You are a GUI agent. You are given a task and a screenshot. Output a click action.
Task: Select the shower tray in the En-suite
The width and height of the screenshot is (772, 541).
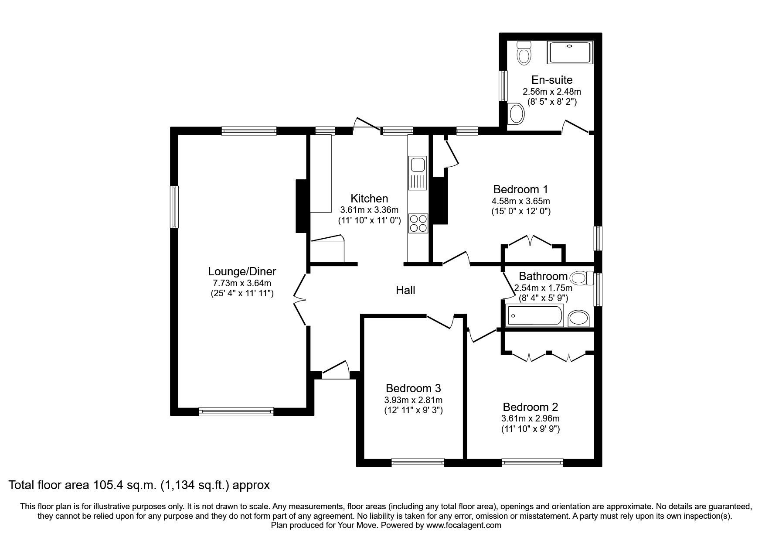(570, 52)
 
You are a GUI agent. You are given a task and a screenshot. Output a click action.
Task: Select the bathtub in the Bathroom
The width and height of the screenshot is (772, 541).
(534, 316)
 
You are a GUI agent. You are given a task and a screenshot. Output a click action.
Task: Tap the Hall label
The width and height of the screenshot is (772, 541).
(405, 290)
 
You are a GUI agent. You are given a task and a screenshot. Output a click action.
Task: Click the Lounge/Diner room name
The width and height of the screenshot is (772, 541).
(242, 271)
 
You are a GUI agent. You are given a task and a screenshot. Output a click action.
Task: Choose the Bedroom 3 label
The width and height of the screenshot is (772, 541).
(413, 388)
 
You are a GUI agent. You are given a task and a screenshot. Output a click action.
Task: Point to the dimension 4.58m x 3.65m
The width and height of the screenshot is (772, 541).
(520, 201)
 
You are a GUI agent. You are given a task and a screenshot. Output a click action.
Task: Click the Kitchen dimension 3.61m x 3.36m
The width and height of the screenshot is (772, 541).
(369, 210)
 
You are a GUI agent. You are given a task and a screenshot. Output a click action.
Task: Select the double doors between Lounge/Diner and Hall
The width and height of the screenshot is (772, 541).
(299, 299)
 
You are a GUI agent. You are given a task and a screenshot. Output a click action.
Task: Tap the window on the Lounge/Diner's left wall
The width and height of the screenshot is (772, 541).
(174, 207)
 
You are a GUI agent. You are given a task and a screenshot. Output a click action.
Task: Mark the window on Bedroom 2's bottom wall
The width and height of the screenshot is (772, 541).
(532, 462)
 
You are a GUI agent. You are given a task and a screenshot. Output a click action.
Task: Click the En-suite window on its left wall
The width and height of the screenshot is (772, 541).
(504, 86)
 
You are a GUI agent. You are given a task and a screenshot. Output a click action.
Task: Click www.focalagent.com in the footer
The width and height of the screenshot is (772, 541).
(464, 525)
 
